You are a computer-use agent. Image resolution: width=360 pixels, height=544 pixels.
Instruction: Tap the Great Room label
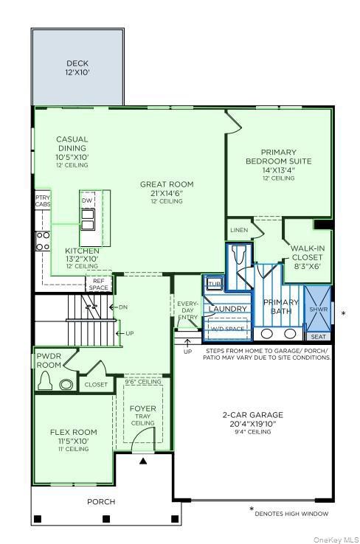167,188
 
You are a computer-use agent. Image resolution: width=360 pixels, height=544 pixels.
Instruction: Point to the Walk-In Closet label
308,253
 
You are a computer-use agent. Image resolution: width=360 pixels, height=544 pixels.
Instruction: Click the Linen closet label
238,231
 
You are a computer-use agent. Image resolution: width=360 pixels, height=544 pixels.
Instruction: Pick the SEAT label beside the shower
318,336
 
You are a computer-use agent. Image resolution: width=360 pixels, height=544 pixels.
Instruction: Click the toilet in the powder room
46,381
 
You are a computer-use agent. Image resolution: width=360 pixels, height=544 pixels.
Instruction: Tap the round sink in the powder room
67,383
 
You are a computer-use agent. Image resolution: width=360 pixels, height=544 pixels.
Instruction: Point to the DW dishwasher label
87,200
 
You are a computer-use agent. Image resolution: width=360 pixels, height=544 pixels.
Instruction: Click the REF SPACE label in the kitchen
99,284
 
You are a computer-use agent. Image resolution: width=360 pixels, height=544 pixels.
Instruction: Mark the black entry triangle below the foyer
143,460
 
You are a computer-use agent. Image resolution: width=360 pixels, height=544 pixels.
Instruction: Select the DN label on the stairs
122,307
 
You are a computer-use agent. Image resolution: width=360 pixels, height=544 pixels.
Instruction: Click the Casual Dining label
72,147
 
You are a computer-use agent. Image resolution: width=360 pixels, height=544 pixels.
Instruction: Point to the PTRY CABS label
42,201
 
